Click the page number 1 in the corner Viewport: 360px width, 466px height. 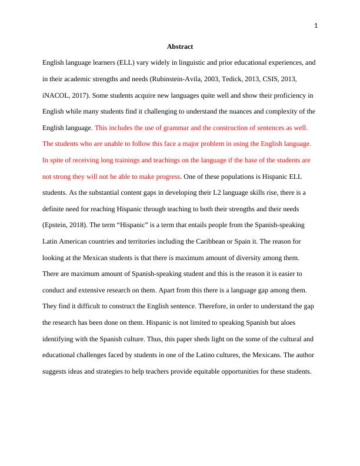point(316,25)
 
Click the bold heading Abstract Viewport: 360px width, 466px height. point(179,46)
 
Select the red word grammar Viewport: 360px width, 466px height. point(168,127)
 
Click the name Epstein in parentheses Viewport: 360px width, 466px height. point(56,225)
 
